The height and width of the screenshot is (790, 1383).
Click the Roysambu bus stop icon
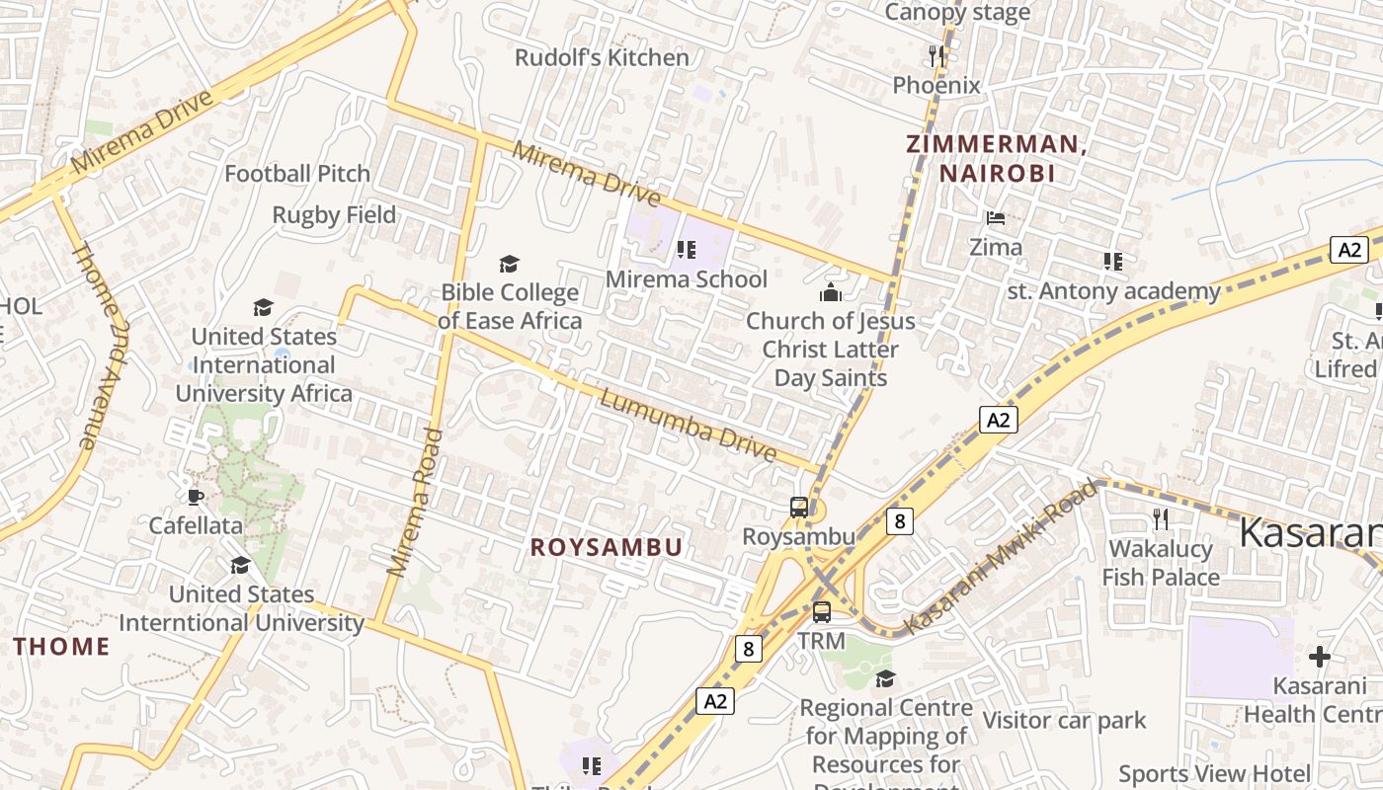point(799,508)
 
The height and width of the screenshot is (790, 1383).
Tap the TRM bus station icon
point(822,612)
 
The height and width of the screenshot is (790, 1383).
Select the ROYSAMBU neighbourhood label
point(607,548)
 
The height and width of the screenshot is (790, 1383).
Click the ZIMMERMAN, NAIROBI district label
point(997,159)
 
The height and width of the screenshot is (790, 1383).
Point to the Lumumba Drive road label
point(689,427)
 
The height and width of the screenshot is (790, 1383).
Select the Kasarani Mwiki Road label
point(1000,558)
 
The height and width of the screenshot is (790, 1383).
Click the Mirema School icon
point(687,249)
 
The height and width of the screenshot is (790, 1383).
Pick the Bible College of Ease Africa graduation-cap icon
point(509,264)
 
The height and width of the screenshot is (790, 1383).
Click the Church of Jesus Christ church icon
point(831,292)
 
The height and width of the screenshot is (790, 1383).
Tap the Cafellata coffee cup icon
point(196,496)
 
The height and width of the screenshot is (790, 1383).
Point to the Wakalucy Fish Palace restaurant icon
point(1161,518)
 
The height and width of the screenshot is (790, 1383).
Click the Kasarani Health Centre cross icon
point(1320,657)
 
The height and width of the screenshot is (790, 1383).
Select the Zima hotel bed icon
point(996,217)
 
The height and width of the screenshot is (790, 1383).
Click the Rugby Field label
point(334,215)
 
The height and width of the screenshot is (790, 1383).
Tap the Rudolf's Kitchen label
point(602,58)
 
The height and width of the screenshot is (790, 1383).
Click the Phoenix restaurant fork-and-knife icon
point(936,56)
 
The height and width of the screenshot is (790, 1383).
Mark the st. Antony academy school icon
point(1113,262)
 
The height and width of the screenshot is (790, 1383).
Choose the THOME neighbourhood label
point(61,647)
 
